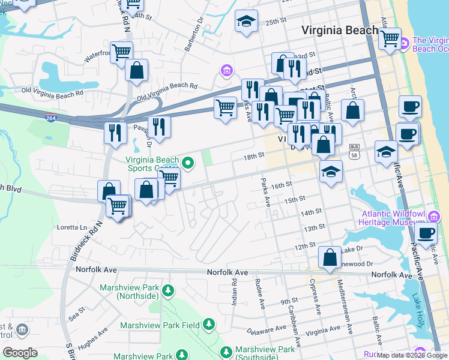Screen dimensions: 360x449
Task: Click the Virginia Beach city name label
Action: (x=340, y=30)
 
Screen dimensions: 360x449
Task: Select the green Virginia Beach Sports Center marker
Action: (x=188, y=161)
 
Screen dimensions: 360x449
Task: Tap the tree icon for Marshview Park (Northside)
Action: (x=169, y=291)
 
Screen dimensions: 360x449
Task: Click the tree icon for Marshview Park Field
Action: (x=208, y=325)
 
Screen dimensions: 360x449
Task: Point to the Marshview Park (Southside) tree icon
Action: (x=226, y=351)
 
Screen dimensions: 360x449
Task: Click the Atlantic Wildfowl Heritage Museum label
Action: (x=393, y=217)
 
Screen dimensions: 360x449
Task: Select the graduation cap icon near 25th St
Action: (x=246, y=22)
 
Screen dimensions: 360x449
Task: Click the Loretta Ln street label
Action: (x=71, y=227)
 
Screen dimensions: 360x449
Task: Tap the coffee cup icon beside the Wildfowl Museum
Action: (x=426, y=233)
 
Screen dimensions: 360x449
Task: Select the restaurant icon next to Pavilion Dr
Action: (x=159, y=126)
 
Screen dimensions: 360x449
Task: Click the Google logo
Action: (x=20, y=352)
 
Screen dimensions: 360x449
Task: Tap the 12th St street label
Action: (x=305, y=245)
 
